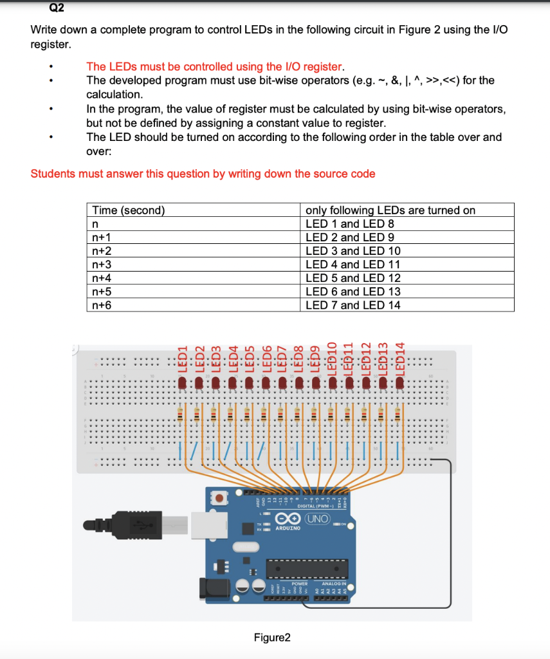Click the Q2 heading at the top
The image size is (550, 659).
56,8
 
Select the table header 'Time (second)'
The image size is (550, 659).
129,210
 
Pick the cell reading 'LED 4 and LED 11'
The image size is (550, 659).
353,265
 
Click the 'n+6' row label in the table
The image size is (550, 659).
102,305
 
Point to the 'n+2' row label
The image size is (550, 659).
102,251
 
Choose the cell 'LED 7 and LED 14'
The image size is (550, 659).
353,305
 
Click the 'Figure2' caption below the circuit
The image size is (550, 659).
272,638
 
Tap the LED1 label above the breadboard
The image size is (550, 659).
182,357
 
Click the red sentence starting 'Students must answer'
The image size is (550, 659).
203,174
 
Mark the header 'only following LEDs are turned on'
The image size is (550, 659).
390,210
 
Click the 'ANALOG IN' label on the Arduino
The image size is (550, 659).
334,584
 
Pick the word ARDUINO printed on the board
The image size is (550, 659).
288,528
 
